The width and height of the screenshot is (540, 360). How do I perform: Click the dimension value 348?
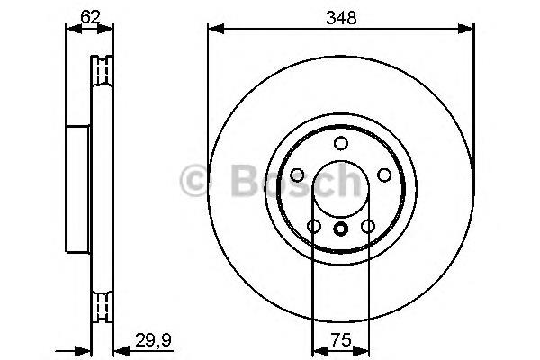[x=340, y=15]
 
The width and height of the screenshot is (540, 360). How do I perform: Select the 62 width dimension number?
[x=89, y=15]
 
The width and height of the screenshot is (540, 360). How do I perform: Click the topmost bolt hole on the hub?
[x=340, y=144]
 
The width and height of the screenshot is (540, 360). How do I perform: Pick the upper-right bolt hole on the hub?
[x=383, y=175]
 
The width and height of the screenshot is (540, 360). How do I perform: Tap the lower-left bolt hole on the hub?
[x=313, y=226]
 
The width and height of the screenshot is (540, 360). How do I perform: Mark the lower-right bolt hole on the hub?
[x=367, y=226]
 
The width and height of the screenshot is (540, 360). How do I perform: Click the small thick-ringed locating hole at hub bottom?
[x=340, y=229]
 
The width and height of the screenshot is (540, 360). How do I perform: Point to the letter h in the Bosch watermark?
[x=346, y=183]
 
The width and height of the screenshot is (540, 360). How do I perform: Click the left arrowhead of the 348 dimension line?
[x=213, y=29]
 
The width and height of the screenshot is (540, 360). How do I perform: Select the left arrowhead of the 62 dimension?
[x=71, y=29]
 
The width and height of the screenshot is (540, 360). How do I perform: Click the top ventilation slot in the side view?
[x=103, y=69]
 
